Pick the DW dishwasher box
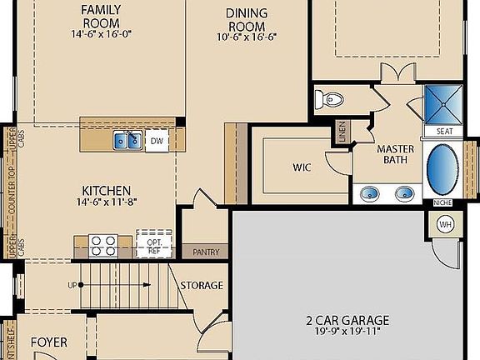tap(157, 142)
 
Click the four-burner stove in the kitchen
tap(102, 244)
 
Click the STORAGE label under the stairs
tap(202, 286)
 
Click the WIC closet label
tap(302, 167)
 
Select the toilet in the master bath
tap(332, 99)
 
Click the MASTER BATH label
tap(396, 155)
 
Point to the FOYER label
tap(48, 342)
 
